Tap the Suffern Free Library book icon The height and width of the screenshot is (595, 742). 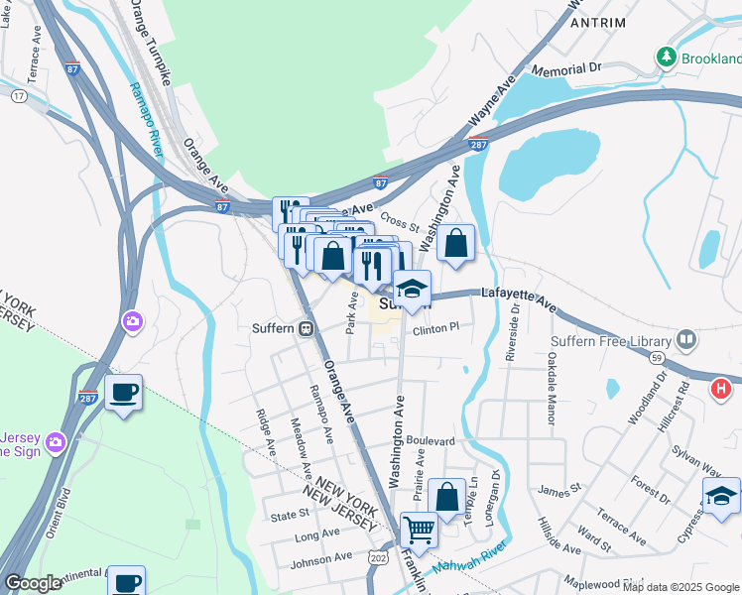click(x=685, y=340)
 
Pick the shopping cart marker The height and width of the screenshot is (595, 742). click(x=420, y=531)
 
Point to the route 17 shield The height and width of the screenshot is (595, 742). click(x=19, y=96)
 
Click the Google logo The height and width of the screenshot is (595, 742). click(x=34, y=583)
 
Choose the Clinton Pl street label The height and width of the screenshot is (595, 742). click(x=436, y=327)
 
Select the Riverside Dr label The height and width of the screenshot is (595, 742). click(x=514, y=333)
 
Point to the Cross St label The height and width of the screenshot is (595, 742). click(x=401, y=225)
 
